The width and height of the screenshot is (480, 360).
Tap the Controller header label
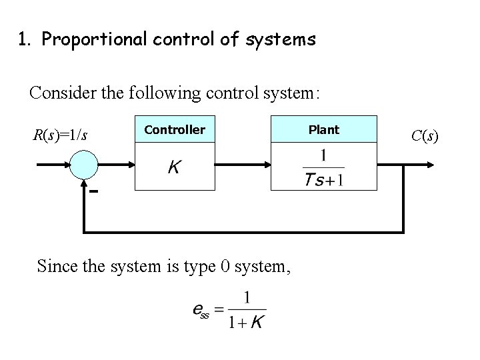point(175,130)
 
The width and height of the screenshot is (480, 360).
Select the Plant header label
point(323,130)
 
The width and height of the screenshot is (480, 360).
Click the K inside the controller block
point(174,167)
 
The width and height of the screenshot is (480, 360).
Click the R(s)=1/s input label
point(61,136)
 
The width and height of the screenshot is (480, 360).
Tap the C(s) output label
point(425,136)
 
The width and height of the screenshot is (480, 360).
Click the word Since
point(56,267)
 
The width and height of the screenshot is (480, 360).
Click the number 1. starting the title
point(25,40)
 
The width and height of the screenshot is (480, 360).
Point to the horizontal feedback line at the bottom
point(243,231)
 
